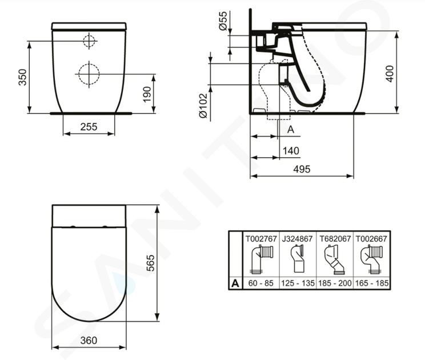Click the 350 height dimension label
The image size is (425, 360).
point(22,77)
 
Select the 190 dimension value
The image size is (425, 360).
point(147,94)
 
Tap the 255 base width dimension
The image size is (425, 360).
point(89,127)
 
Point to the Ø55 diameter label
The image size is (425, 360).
point(223,21)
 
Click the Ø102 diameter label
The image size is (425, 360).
point(203,106)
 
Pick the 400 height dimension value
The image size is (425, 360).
point(390,74)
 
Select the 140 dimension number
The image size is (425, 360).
point(291,151)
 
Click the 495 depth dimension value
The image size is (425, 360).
point(302,169)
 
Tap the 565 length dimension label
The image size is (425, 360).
point(150,263)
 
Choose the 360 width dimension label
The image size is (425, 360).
point(89,340)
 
